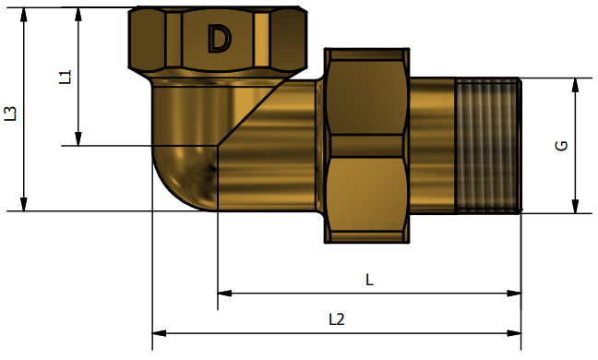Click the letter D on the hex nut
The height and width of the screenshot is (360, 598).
[220, 39]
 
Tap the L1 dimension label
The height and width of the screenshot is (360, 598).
[66, 77]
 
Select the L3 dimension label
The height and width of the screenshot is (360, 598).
[11, 114]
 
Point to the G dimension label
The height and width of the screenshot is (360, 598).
[562, 146]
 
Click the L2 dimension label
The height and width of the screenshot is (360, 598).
[337, 319]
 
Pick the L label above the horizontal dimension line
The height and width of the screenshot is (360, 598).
[369, 280]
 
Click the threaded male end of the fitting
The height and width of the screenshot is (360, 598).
[488, 145]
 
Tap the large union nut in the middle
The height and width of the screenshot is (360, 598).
[366, 145]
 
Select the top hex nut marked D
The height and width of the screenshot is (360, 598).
[218, 38]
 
